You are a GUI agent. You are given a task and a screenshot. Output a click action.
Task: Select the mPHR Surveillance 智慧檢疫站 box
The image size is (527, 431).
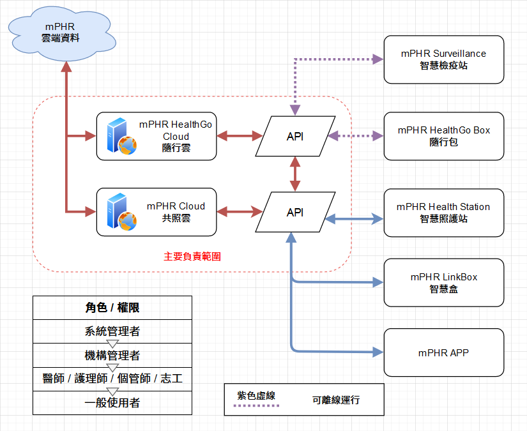coord(443,59)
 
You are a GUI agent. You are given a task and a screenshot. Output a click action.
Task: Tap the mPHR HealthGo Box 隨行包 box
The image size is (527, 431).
coord(443,136)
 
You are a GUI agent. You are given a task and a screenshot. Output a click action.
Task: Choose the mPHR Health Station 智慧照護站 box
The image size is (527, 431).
coord(443,213)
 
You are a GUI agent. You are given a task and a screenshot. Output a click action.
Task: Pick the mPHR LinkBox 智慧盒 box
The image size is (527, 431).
coord(443,283)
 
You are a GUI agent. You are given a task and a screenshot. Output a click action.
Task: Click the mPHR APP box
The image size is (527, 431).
coord(443,352)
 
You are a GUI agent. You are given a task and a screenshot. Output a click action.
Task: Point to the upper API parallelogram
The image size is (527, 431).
coord(295,136)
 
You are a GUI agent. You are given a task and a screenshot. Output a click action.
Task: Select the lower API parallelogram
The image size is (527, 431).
coord(295,213)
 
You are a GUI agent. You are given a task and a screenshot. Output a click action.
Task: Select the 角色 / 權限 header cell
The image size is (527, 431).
coord(112,307)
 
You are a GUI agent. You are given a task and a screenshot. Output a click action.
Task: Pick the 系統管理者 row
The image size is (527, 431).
coord(112,331)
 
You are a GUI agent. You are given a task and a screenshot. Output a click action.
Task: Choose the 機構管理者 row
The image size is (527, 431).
coord(112,355)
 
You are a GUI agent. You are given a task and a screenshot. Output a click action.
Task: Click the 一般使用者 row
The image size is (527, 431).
coord(112,402)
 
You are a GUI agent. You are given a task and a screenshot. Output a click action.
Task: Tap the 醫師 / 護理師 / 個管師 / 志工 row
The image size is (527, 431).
coord(112,379)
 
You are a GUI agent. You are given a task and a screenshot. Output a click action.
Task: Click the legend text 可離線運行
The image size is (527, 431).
coord(336,400)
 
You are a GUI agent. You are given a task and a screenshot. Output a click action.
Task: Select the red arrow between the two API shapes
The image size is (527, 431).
coord(295,174)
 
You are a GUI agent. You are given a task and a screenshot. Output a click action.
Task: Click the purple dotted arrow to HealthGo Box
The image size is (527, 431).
coord(355,136)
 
